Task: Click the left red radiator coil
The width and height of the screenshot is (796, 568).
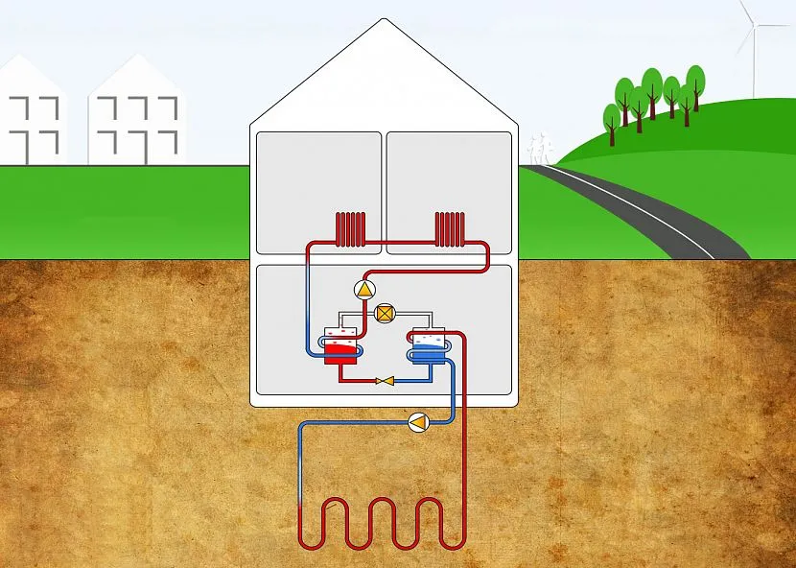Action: pyautogui.click(x=351, y=230)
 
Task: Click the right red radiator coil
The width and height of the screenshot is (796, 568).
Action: pyautogui.click(x=449, y=230)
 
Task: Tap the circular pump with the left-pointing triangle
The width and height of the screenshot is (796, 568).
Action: pyautogui.click(x=419, y=422)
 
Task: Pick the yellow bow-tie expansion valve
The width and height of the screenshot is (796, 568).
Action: pyautogui.click(x=386, y=381)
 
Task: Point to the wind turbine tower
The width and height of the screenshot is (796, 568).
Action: pyautogui.click(x=755, y=58)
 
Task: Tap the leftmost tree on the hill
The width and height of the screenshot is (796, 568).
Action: pyautogui.click(x=611, y=117)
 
